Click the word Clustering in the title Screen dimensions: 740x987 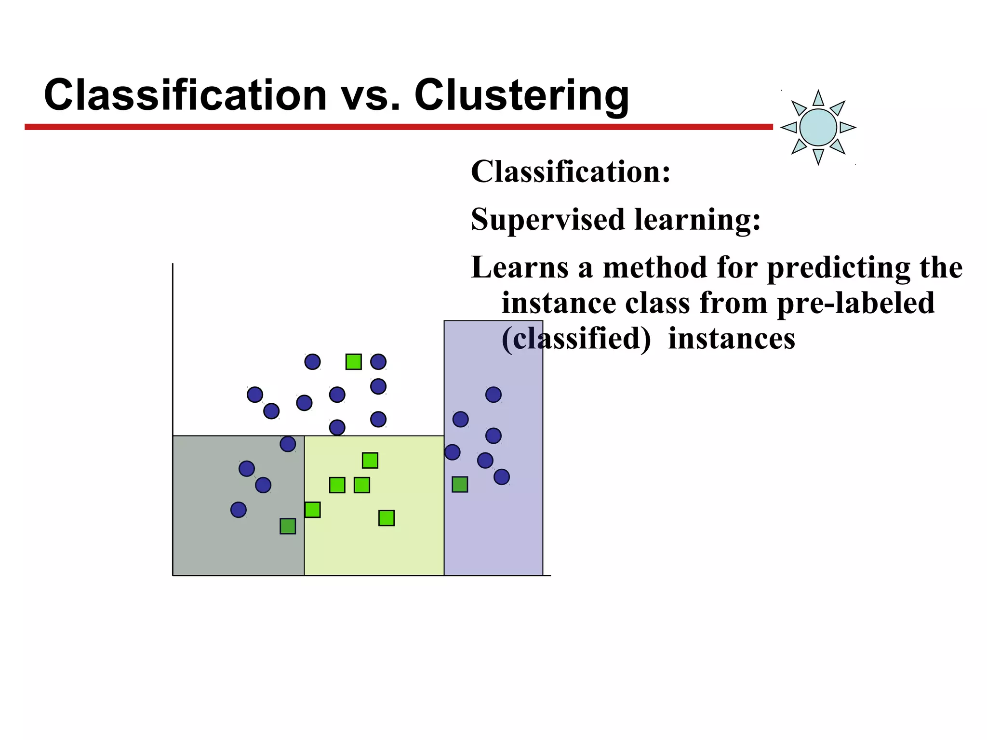pos(521,95)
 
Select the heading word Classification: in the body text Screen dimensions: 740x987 pos(571,172)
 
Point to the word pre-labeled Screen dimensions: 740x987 pos(855,303)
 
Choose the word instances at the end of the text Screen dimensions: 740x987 pos(731,339)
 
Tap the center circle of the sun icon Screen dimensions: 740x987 pos(818,127)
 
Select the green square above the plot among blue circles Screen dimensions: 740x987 pos(353,362)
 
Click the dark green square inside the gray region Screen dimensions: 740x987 pos(288,526)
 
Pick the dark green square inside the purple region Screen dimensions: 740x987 pos(460,484)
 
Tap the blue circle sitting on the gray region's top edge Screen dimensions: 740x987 pos(288,444)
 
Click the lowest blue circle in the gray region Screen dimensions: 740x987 pos(239,509)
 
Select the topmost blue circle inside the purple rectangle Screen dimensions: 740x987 pos(493,395)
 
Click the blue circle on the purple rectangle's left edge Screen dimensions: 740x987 pos(452,452)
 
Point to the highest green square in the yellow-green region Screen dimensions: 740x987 pos(370,461)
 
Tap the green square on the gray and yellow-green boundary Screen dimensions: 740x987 pos(312,509)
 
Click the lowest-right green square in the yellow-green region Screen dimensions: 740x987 pos(386,518)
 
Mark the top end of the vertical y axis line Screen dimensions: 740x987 pos(173,264)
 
